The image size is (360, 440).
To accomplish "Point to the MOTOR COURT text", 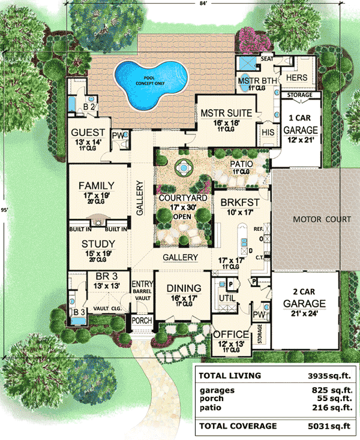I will pyautogui.click(x=321, y=219).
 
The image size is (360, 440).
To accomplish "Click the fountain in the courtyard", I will pyautogui.click(x=181, y=169).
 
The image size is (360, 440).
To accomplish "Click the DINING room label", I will pyautogui.click(x=181, y=287).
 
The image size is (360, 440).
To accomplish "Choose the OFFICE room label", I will pyautogui.click(x=231, y=334).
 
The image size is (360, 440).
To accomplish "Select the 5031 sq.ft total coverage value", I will pyautogui.click(x=326, y=426).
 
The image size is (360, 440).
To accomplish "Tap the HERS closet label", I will pyautogui.click(x=298, y=78).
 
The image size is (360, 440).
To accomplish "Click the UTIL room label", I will pyautogui.click(x=226, y=297).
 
